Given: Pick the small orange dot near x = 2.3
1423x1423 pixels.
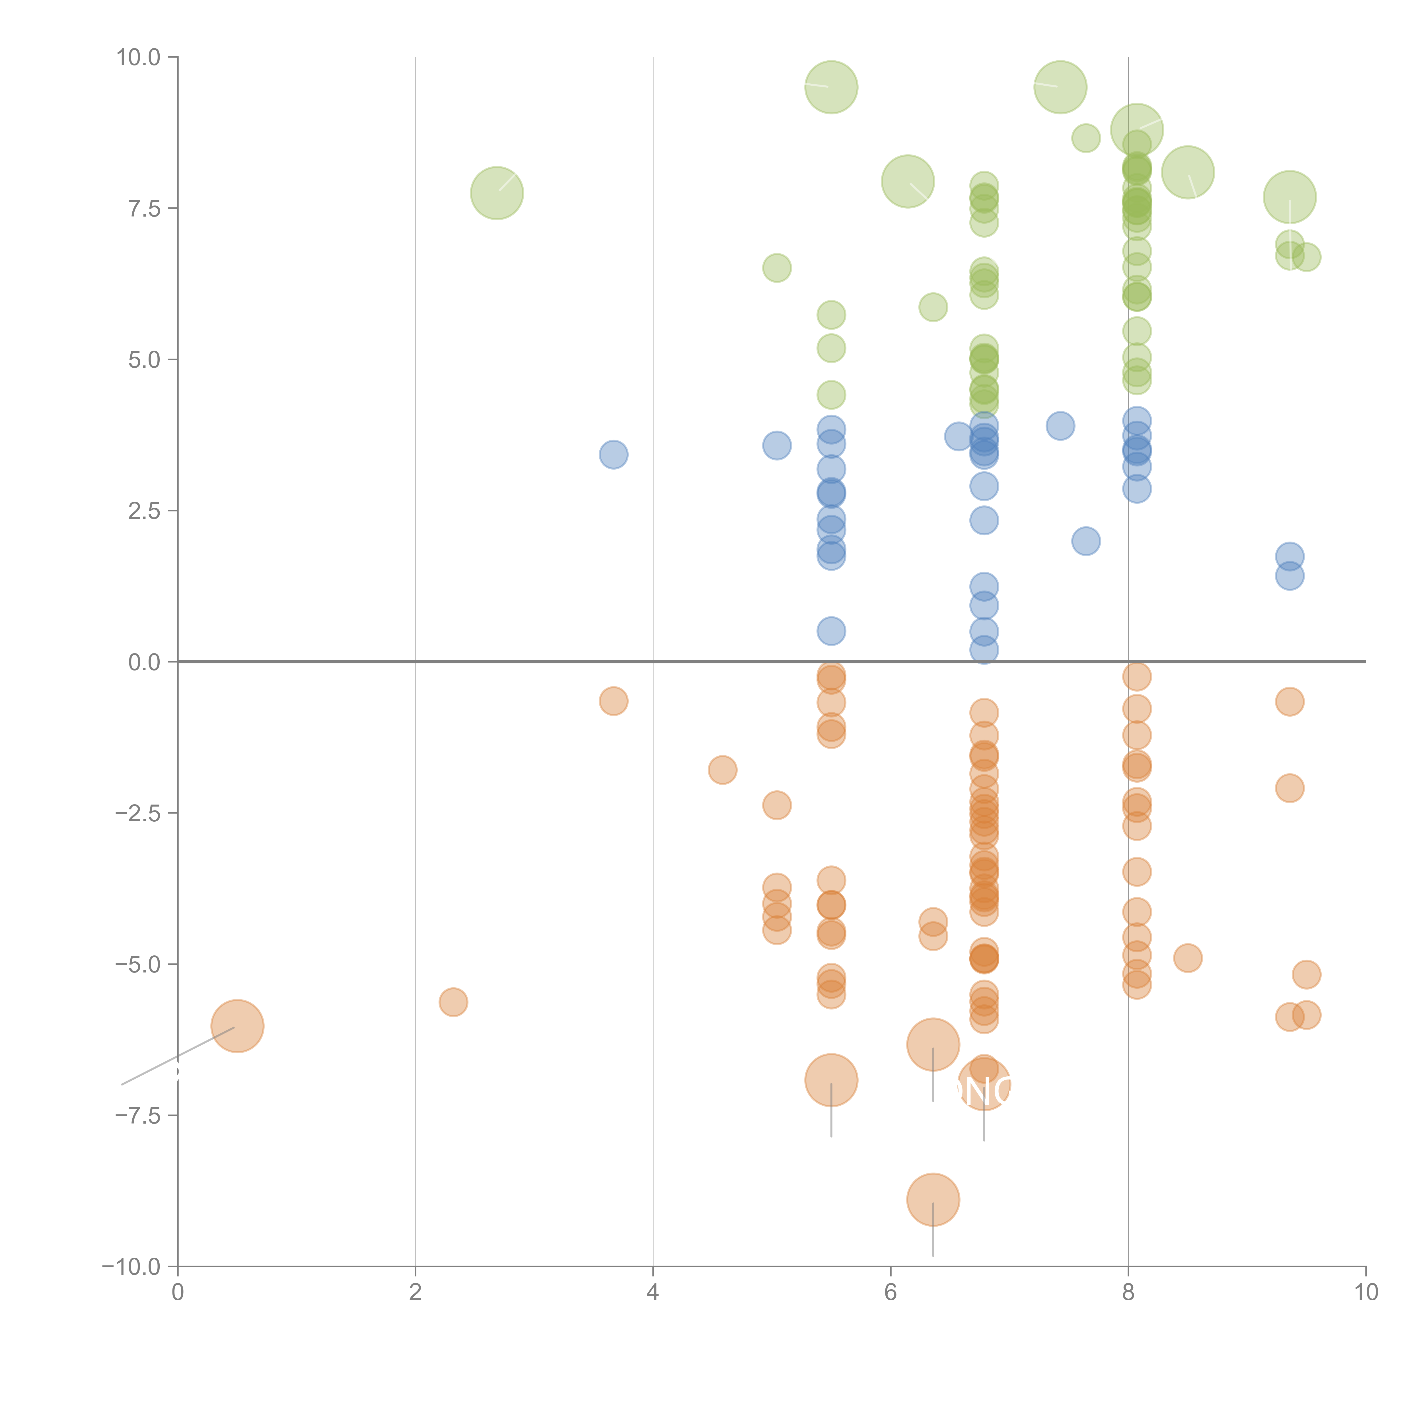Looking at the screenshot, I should pos(453,1002).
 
